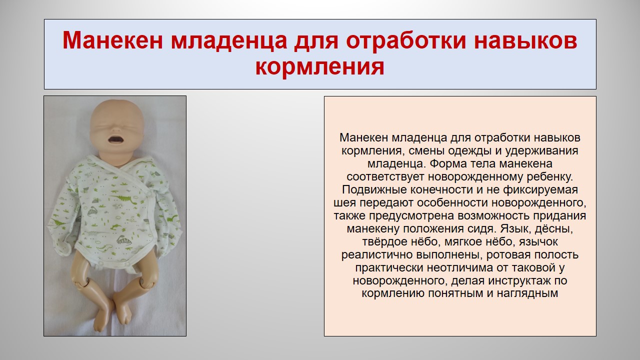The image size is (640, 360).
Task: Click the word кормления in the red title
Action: tap(319, 67)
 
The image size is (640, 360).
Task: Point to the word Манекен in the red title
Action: tap(112, 40)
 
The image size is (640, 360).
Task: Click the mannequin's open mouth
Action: tap(115, 139)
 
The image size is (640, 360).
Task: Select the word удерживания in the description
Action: tap(541, 151)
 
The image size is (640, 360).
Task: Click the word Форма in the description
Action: tap(448, 163)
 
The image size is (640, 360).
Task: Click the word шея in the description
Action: tap(345, 203)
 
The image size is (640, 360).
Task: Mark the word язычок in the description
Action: tap(538, 242)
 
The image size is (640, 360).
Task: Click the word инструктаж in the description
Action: tap(519, 281)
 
